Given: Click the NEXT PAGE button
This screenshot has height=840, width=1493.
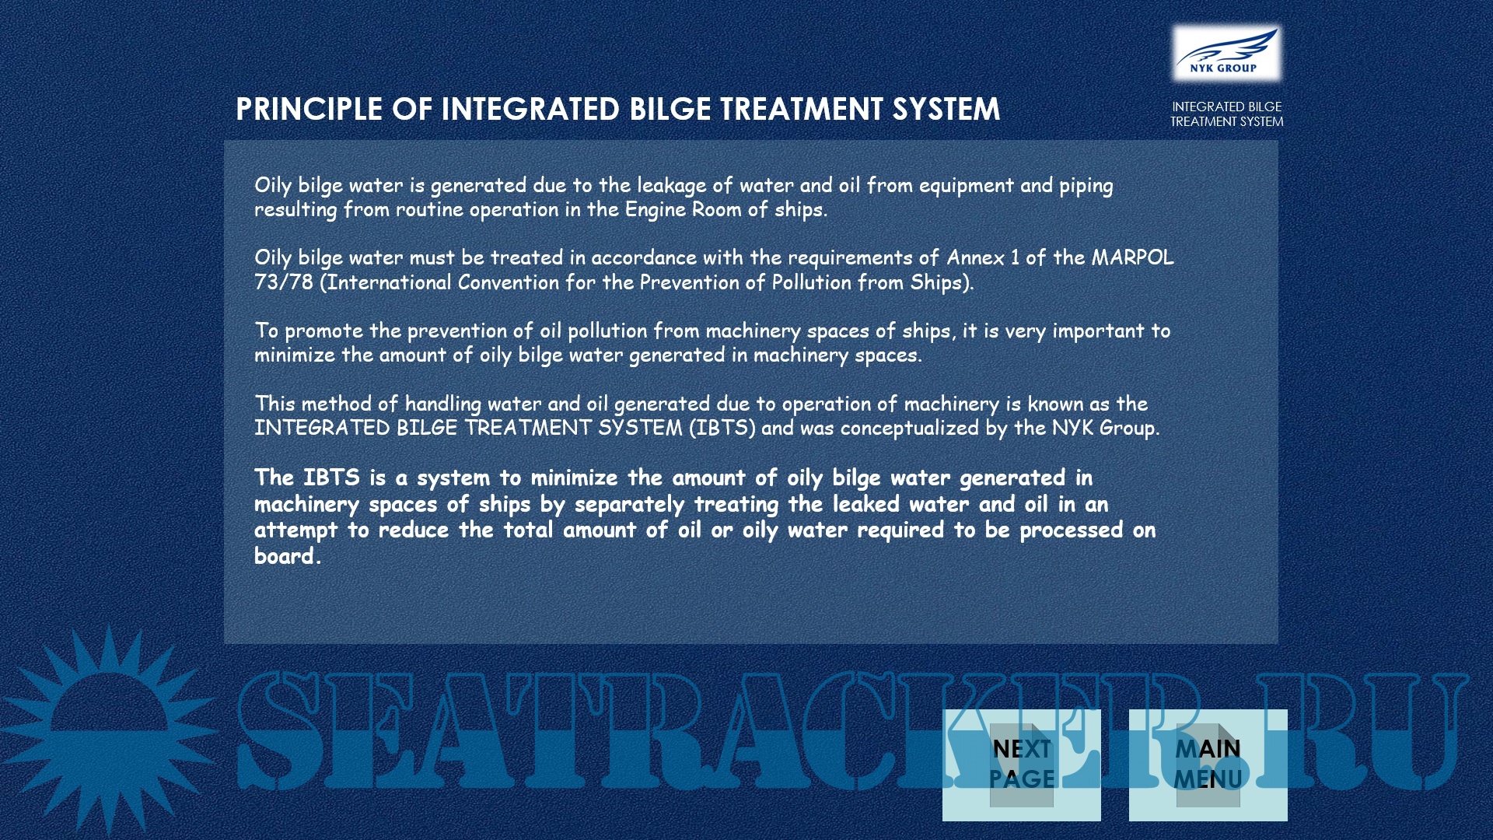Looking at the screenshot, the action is (x=1021, y=765).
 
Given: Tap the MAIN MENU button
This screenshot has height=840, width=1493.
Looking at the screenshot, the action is (x=1208, y=765).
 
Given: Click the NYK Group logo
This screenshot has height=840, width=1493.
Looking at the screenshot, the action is (x=1226, y=53).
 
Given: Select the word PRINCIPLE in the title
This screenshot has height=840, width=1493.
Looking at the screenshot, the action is (x=309, y=109).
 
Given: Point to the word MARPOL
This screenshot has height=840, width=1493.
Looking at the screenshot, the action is (x=1132, y=257).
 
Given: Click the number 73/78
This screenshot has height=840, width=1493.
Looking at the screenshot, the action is (x=283, y=282).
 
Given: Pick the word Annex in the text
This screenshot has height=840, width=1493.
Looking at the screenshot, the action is (x=975, y=257).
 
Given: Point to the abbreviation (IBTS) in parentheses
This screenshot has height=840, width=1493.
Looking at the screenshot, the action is (x=722, y=429).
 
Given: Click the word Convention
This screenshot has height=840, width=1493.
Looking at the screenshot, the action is (x=509, y=282).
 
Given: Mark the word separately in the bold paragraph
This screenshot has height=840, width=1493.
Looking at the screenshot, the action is (x=629, y=505).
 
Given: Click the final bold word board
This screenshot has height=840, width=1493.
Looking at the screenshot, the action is (x=288, y=556).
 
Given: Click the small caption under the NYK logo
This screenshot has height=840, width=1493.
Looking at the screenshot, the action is (x=1226, y=114).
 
